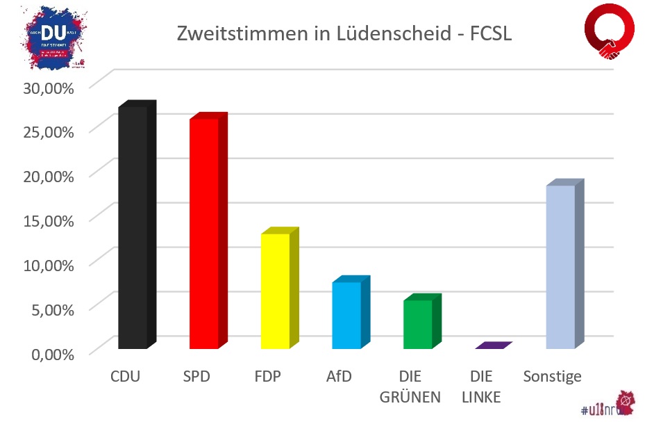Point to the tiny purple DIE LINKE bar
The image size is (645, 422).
coord(493,346)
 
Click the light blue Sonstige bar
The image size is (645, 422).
coord(560,267)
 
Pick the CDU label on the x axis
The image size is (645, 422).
coord(125,378)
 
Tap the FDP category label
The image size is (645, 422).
coord(267,378)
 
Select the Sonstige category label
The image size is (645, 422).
coord(552,378)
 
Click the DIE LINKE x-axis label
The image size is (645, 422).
coord(481,387)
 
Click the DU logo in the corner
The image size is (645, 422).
coord(52,38)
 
